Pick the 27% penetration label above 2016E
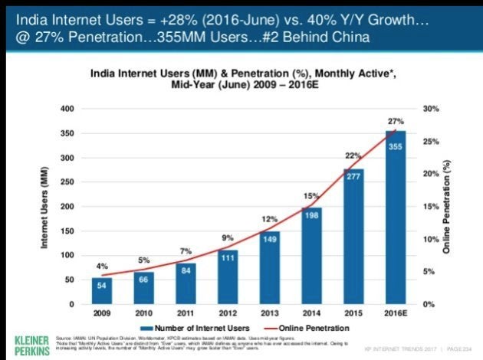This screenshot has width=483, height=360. (x=395, y=122)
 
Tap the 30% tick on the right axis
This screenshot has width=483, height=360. (x=430, y=110)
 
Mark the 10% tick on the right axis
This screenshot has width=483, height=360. (x=430, y=240)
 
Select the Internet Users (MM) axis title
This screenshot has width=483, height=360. (x=45, y=207)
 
